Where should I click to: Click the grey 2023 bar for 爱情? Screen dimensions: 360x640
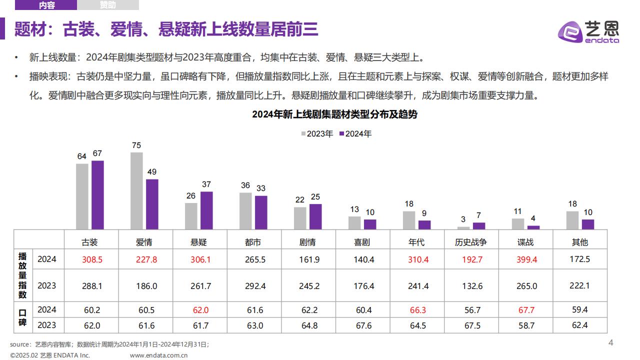click(136, 191)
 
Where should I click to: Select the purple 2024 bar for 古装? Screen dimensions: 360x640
click(97, 195)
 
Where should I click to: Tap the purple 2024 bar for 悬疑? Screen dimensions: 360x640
click(206, 210)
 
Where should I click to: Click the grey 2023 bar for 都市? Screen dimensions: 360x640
click(245, 211)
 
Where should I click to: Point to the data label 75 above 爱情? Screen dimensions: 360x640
click(136, 145)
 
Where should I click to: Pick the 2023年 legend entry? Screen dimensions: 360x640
click(317, 134)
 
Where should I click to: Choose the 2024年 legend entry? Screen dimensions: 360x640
click(355, 134)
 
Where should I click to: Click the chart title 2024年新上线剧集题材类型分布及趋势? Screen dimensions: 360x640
click(334, 114)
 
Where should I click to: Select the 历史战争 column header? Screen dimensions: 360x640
click(470, 242)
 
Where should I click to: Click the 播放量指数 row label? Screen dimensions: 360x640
click(23, 275)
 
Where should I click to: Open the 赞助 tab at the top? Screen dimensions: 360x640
click(107, 5)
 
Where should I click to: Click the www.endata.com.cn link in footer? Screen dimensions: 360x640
click(158, 355)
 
